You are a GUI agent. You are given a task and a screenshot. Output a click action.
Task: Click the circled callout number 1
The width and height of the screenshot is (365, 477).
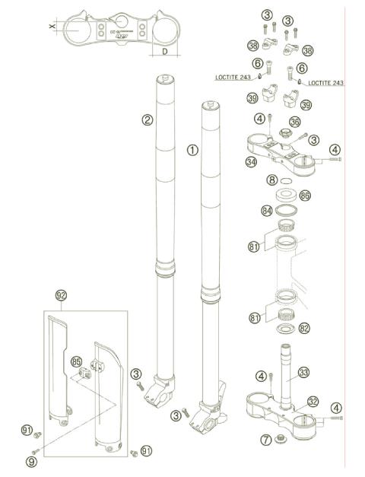[x=192, y=151]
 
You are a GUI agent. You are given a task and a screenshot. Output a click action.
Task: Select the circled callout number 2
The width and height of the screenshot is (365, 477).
[x=148, y=119]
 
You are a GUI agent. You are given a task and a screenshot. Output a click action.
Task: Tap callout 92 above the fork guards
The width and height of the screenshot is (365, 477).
[x=62, y=294]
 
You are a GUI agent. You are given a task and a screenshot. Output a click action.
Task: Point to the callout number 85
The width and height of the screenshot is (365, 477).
[x=76, y=362]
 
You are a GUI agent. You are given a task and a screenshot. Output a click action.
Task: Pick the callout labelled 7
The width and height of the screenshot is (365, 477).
[x=265, y=440]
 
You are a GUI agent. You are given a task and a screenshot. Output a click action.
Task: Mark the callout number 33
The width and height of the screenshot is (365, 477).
[x=304, y=373]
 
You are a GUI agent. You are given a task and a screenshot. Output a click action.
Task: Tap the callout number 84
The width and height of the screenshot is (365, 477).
[x=267, y=210]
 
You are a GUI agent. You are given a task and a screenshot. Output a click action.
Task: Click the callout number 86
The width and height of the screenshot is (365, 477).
[x=305, y=196]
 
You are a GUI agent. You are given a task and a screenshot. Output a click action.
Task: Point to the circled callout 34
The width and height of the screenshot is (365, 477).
[x=252, y=162]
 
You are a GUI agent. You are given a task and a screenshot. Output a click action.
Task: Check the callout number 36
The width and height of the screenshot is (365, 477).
[x=295, y=121]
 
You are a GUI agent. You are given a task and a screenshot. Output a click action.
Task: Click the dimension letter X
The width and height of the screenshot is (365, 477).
[x=52, y=27]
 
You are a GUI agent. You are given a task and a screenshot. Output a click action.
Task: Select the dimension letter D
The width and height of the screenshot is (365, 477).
[x=164, y=52]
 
